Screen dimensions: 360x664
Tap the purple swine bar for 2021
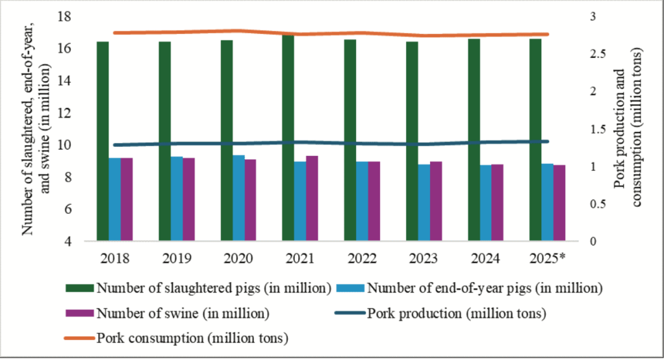pyautogui.click(x=313, y=198)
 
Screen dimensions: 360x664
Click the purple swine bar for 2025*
pyautogui.click(x=559, y=203)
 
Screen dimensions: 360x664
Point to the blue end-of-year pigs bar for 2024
pyautogui.click(x=485, y=203)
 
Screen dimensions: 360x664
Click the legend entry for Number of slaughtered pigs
pyautogui.click(x=214, y=287)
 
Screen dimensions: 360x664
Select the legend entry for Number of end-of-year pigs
pyautogui.click(x=481, y=287)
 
